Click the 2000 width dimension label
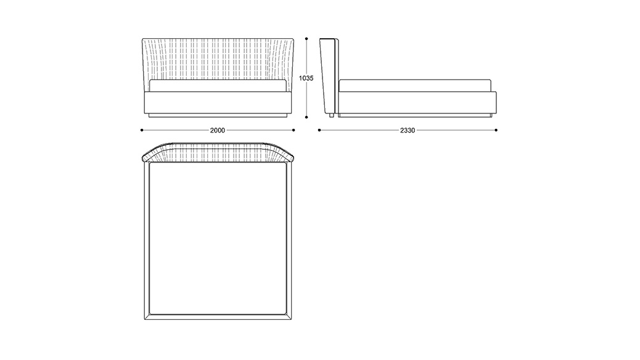click(218, 130)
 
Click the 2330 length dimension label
click(408, 130)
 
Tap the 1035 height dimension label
click(306, 78)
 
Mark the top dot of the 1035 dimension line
click(306, 39)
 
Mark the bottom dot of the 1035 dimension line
click(306, 117)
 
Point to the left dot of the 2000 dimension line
click(142, 130)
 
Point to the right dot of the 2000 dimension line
click(293, 130)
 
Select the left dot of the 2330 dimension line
click(319, 130)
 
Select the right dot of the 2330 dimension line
click(496, 130)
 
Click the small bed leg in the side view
click(332, 115)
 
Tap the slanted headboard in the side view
click(329, 76)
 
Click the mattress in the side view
click(415, 86)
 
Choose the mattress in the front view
click(218, 86)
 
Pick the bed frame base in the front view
click(218, 104)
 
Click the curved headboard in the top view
click(218, 152)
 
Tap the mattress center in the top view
click(218, 239)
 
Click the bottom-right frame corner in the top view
click(292, 319)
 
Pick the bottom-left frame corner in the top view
click(144, 319)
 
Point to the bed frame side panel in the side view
click(417, 104)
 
